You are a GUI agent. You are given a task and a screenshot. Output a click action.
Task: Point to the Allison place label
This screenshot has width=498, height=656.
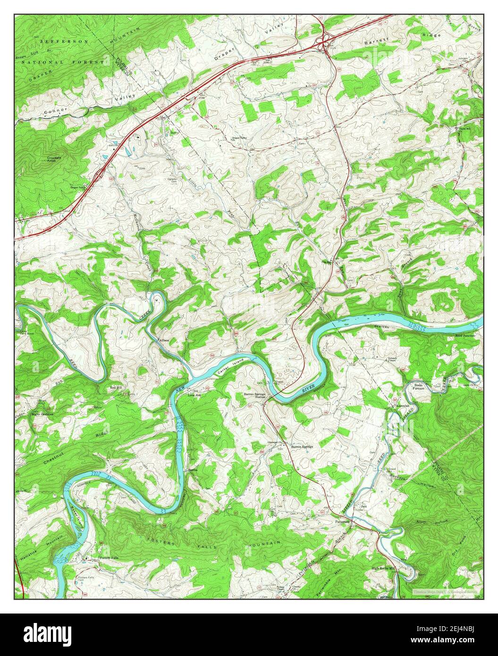pos(164,340)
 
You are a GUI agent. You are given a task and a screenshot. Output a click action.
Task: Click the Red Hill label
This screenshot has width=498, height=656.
pos(116,387)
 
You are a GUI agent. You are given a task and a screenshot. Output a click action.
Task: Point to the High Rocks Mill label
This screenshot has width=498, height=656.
pos(383,569)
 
